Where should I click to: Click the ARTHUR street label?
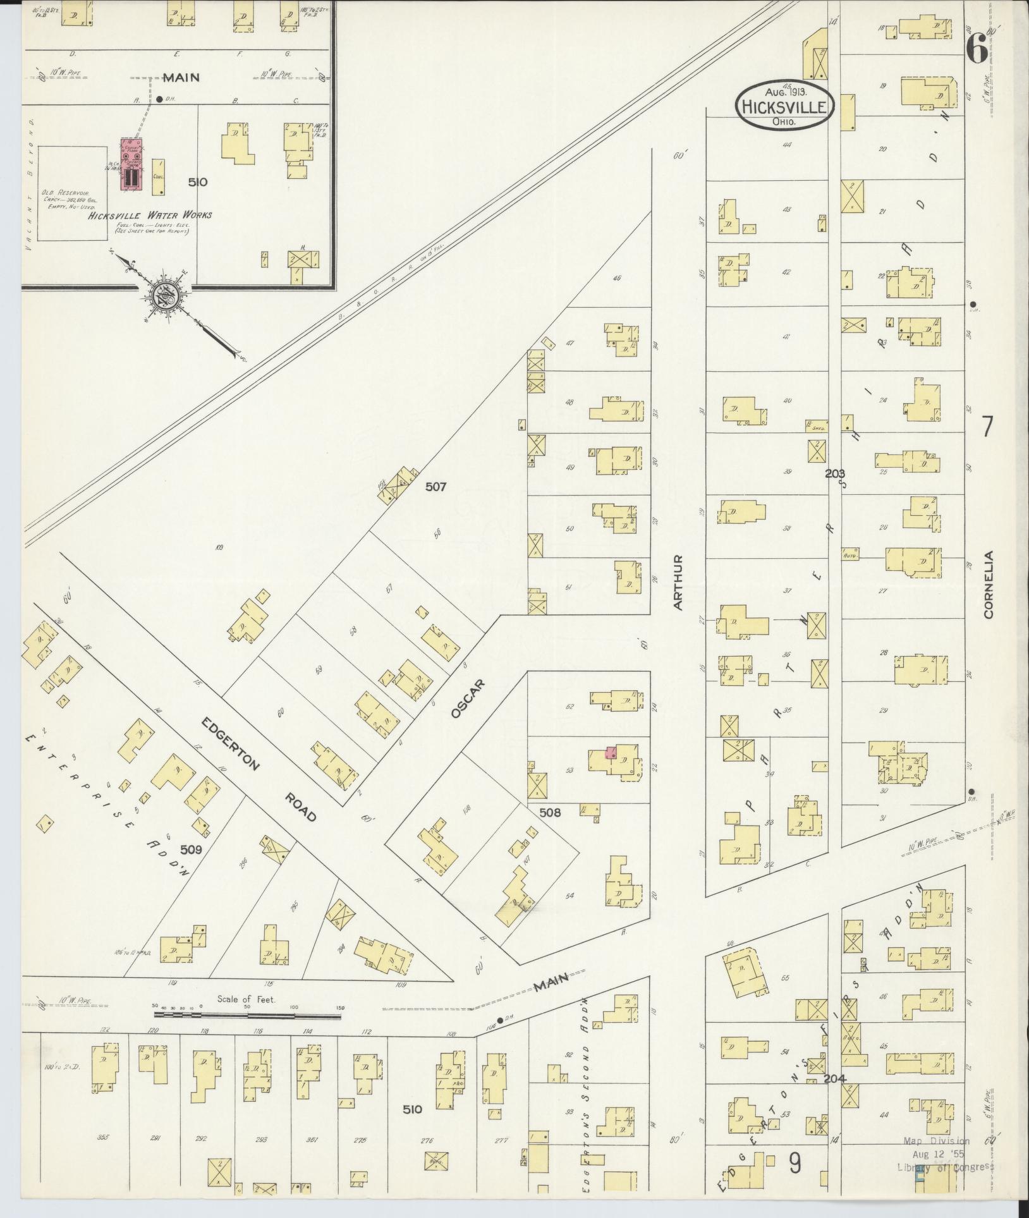click(678, 582)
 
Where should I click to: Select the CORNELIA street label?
click(988, 584)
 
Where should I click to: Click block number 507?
click(435, 487)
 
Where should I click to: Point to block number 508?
click(550, 812)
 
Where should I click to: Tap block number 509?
click(190, 850)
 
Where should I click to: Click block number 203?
click(834, 473)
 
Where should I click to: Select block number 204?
click(834, 1078)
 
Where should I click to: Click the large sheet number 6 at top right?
click(977, 49)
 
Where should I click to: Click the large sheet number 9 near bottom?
click(795, 1162)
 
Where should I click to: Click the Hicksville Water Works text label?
click(150, 215)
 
